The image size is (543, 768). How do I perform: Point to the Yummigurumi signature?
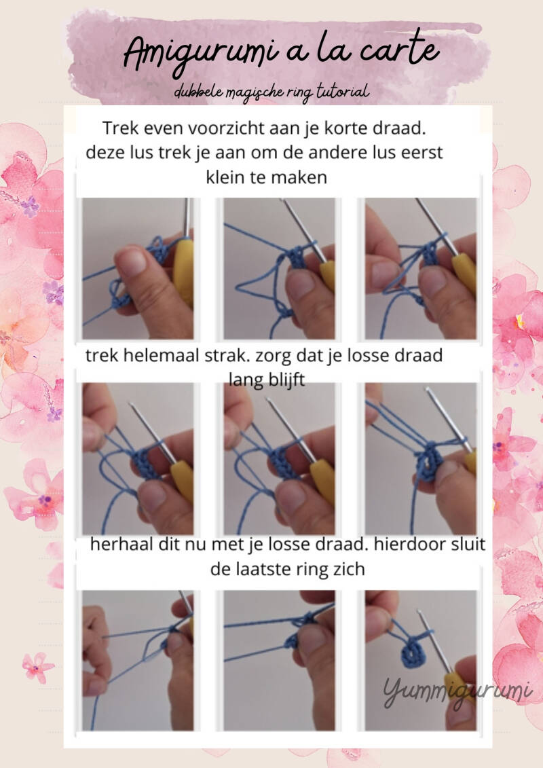(x=457, y=693)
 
